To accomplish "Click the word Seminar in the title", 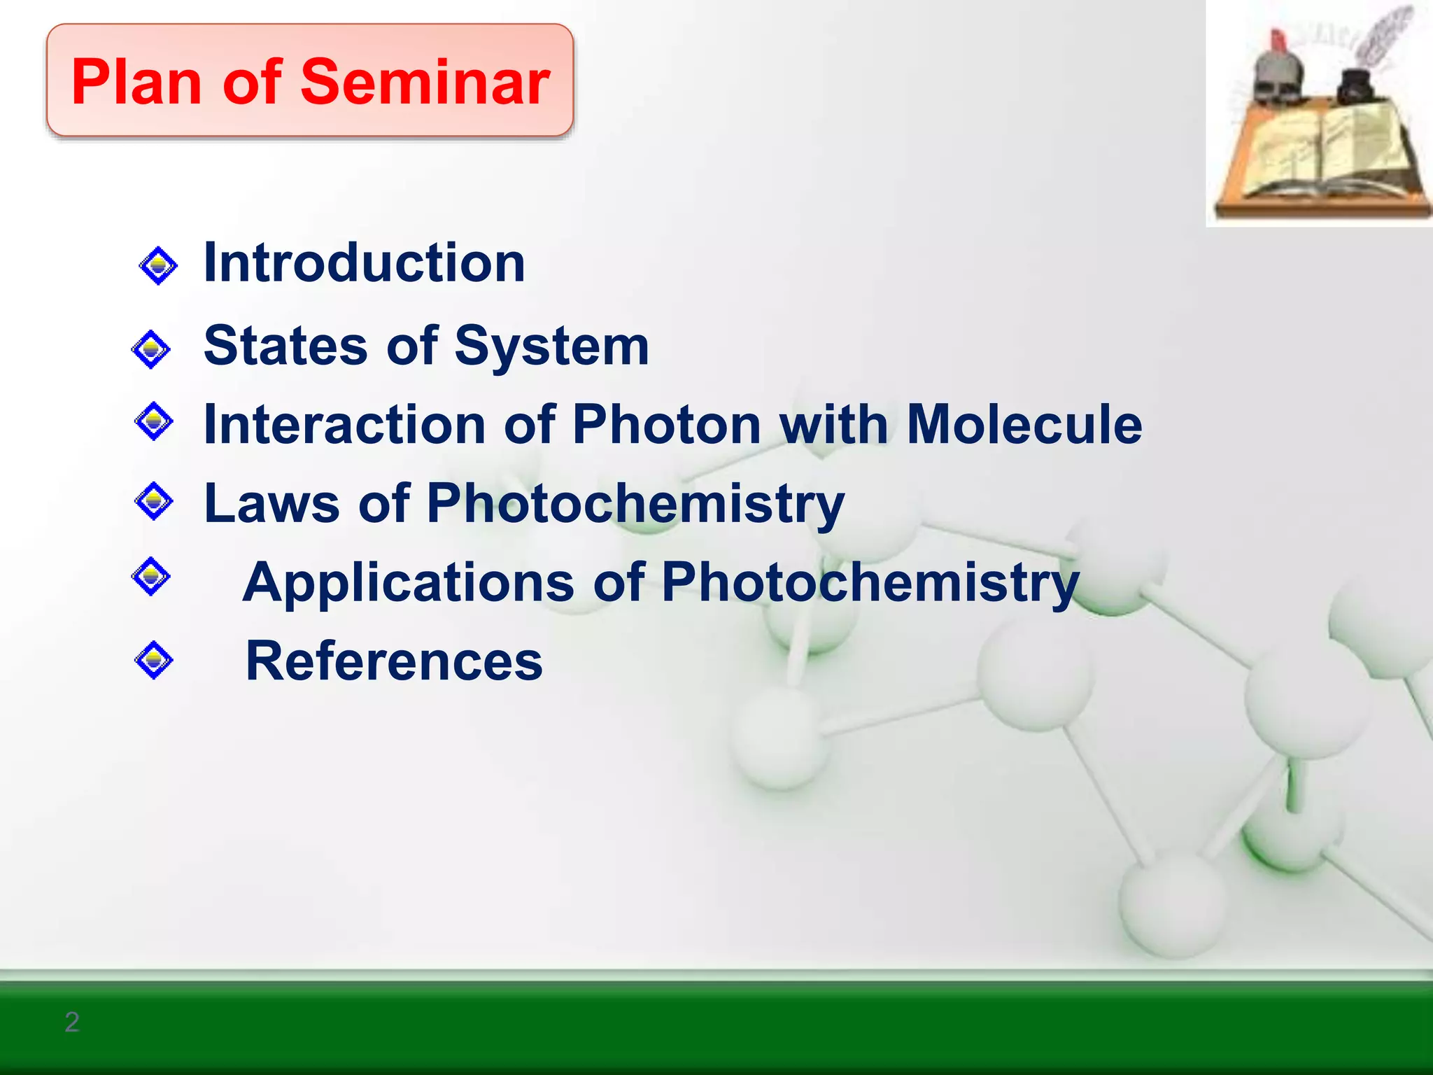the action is click(x=425, y=83).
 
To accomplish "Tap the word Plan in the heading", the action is click(x=137, y=83).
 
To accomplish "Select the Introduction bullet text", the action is click(x=364, y=262).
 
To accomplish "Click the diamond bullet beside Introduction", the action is click(x=158, y=265).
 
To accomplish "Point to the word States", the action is click(x=285, y=346).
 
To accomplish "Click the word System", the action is click(x=552, y=346).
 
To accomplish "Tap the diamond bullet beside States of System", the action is click(x=150, y=349).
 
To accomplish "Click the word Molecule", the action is click(x=1024, y=425).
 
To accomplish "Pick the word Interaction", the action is click(x=344, y=425).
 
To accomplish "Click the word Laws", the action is click(x=271, y=503).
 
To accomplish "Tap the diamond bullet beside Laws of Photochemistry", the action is click(x=153, y=501).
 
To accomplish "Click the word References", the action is click(x=394, y=661).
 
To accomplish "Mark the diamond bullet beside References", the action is click(x=153, y=660).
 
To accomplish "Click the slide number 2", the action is click(x=71, y=1023).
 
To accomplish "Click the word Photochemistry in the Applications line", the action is click(x=870, y=582).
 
